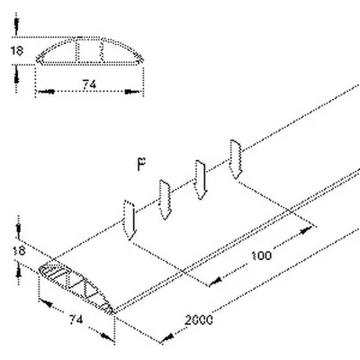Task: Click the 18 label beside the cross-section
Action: point(17,50)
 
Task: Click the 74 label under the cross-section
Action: point(89,85)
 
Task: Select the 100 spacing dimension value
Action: point(262,256)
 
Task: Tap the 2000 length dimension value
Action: point(199,320)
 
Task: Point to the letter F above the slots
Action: point(141,165)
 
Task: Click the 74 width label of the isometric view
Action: point(76,319)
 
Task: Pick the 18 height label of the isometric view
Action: point(20,250)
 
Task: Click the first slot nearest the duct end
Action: point(130,220)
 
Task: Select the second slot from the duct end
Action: point(165,200)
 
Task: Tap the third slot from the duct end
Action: point(201,180)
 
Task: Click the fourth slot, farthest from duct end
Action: point(236,159)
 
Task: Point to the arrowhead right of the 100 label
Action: point(305,230)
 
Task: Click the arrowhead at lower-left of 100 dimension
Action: point(215,282)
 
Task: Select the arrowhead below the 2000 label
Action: point(166,338)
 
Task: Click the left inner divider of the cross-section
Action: point(78,50)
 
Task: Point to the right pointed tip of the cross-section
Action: point(143,59)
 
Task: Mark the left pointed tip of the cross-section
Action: point(37,59)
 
